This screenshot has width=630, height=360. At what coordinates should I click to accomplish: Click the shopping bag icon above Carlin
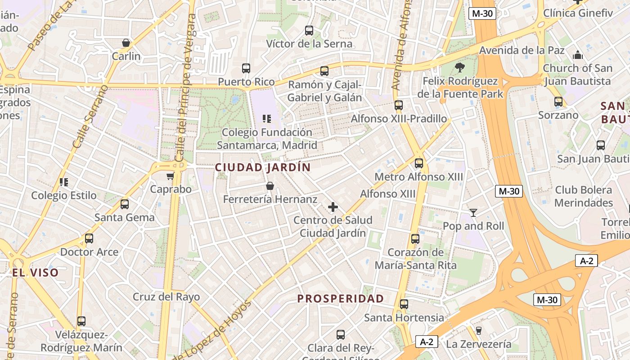click(x=126, y=43)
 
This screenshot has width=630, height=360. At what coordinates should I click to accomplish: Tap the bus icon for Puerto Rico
click(x=246, y=68)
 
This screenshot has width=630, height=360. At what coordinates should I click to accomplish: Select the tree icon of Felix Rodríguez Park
click(x=459, y=67)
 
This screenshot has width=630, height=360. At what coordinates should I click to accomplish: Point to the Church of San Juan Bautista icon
click(x=578, y=55)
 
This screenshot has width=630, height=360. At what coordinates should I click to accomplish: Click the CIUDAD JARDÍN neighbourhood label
click(x=263, y=167)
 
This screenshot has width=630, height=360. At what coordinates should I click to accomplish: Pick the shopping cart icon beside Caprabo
click(x=170, y=175)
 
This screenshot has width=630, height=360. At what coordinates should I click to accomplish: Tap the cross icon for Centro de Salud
click(x=333, y=207)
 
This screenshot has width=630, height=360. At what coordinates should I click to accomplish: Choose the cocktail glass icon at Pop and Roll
click(x=473, y=212)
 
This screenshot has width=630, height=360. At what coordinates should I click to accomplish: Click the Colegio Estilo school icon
click(x=64, y=182)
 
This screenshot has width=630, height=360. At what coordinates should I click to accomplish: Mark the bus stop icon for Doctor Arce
click(x=89, y=238)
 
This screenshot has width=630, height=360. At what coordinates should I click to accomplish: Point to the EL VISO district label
click(x=35, y=273)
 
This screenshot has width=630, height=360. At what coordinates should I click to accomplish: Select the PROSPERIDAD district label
click(x=341, y=299)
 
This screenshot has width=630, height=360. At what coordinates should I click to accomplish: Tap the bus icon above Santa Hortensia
click(x=404, y=304)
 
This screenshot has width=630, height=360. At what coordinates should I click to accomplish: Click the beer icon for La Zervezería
click(x=479, y=331)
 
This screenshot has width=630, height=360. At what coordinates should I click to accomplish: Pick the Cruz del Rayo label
click(x=166, y=297)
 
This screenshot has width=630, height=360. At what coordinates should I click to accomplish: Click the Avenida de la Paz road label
click(x=522, y=50)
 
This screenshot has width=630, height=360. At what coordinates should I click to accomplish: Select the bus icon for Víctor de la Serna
click(x=309, y=31)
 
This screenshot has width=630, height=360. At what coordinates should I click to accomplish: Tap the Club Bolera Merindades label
click(x=584, y=196)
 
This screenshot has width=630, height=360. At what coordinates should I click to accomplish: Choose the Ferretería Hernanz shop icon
click(x=270, y=186)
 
